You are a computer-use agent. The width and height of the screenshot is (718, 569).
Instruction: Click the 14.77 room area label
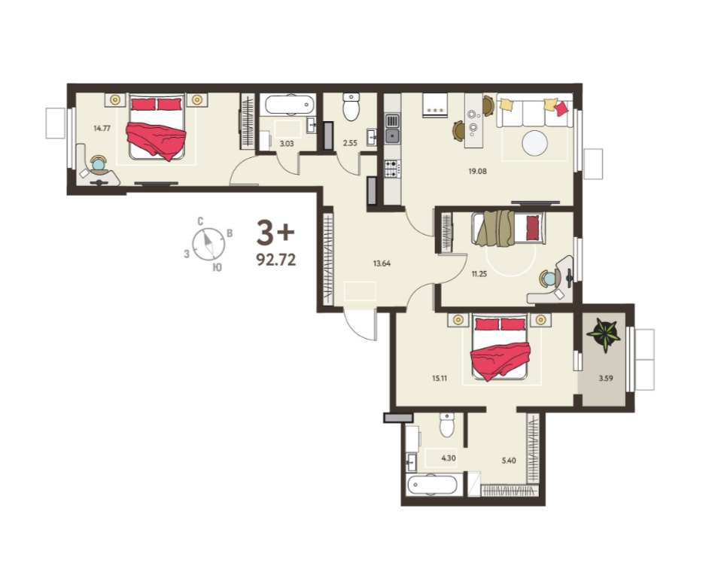[x=102, y=128]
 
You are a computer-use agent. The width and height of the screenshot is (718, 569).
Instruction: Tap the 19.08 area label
[x=477, y=171]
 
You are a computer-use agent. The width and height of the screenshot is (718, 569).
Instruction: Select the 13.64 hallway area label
[x=382, y=263]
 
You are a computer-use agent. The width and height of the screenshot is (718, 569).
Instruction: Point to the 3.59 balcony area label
[x=606, y=378]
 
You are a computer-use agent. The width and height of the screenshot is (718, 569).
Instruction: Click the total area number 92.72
[x=276, y=260]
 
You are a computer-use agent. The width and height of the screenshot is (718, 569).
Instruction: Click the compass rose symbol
[x=208, y=244]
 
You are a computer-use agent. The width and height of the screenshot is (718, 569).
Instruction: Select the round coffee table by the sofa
[x=534, y=143]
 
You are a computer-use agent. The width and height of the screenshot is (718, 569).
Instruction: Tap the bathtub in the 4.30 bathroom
[x=432, y=485]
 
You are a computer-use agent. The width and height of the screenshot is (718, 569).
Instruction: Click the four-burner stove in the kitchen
[x=391, y=169]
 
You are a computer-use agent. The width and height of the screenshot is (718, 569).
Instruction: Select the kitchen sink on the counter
[x=392, y=129]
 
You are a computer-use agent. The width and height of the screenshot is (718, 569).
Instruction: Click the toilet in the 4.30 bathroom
[x=447, y=425]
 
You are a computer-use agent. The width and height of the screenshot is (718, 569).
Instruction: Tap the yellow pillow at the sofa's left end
[x=507, y=105]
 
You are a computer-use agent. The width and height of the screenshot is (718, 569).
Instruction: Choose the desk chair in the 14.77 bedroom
[x=99, y=164]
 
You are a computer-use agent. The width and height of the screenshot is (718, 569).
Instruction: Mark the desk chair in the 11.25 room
[x=548, y=278]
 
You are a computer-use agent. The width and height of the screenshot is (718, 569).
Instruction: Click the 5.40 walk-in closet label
[x=509, y=461]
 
